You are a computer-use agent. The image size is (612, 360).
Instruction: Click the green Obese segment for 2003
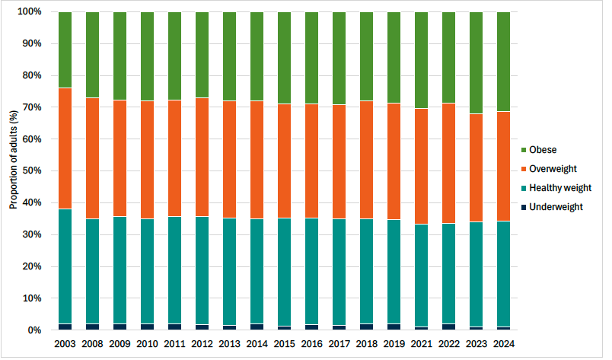[x=65, y=50]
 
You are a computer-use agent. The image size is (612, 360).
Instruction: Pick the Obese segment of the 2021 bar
[x=421, y=61]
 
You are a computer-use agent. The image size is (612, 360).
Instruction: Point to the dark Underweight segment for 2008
[x=92, y=327]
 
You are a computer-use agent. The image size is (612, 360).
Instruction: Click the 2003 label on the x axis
[x=65, y=345]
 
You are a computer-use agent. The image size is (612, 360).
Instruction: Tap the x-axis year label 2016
[x=311, y=345]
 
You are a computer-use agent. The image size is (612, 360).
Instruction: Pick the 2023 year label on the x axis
[x=476, y=345]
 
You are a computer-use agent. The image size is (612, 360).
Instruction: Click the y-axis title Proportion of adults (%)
[x=13, y=159]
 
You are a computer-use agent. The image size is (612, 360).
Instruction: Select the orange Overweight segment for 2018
[x=366, y=160]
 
